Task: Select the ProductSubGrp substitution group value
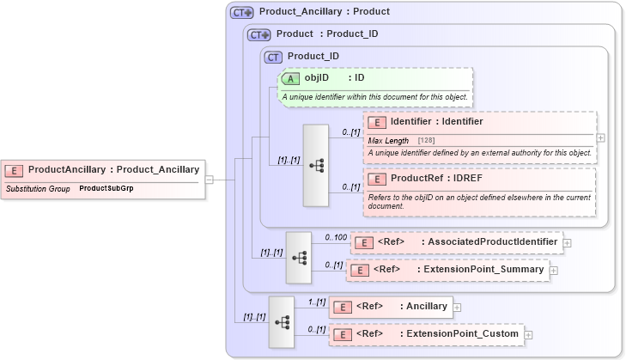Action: point(106,187)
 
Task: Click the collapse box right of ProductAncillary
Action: point(210,180)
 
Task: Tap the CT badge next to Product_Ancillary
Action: point(242,12)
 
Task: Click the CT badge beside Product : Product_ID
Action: point(259,34)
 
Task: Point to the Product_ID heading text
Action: point(313,57)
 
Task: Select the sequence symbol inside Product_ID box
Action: point(315,165)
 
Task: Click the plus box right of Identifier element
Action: point(601,137)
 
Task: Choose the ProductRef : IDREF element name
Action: point(427,179)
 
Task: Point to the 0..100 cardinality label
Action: point(336,236)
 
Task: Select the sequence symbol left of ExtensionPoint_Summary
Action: point(299,257)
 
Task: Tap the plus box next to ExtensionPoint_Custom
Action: point(529,334)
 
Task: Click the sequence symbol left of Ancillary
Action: point(282,321)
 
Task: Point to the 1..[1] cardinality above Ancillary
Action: point(315,302)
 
